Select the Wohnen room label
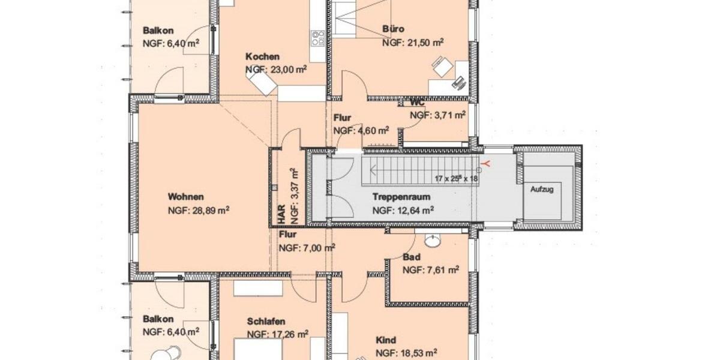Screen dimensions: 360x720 [x=186, y=197]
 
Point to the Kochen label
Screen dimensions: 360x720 [x=262, y=57]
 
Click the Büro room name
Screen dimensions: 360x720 [x=393, y=29]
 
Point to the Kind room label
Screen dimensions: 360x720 [x=386, y=340]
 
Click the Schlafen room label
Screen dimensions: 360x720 [x=266, y=322]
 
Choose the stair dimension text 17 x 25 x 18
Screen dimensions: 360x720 [x=457, y=179]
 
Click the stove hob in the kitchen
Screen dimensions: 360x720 [x=318, y=38]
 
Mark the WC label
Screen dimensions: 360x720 [x=418, y=102]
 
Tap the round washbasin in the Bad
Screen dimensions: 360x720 [x=431, y=241]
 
